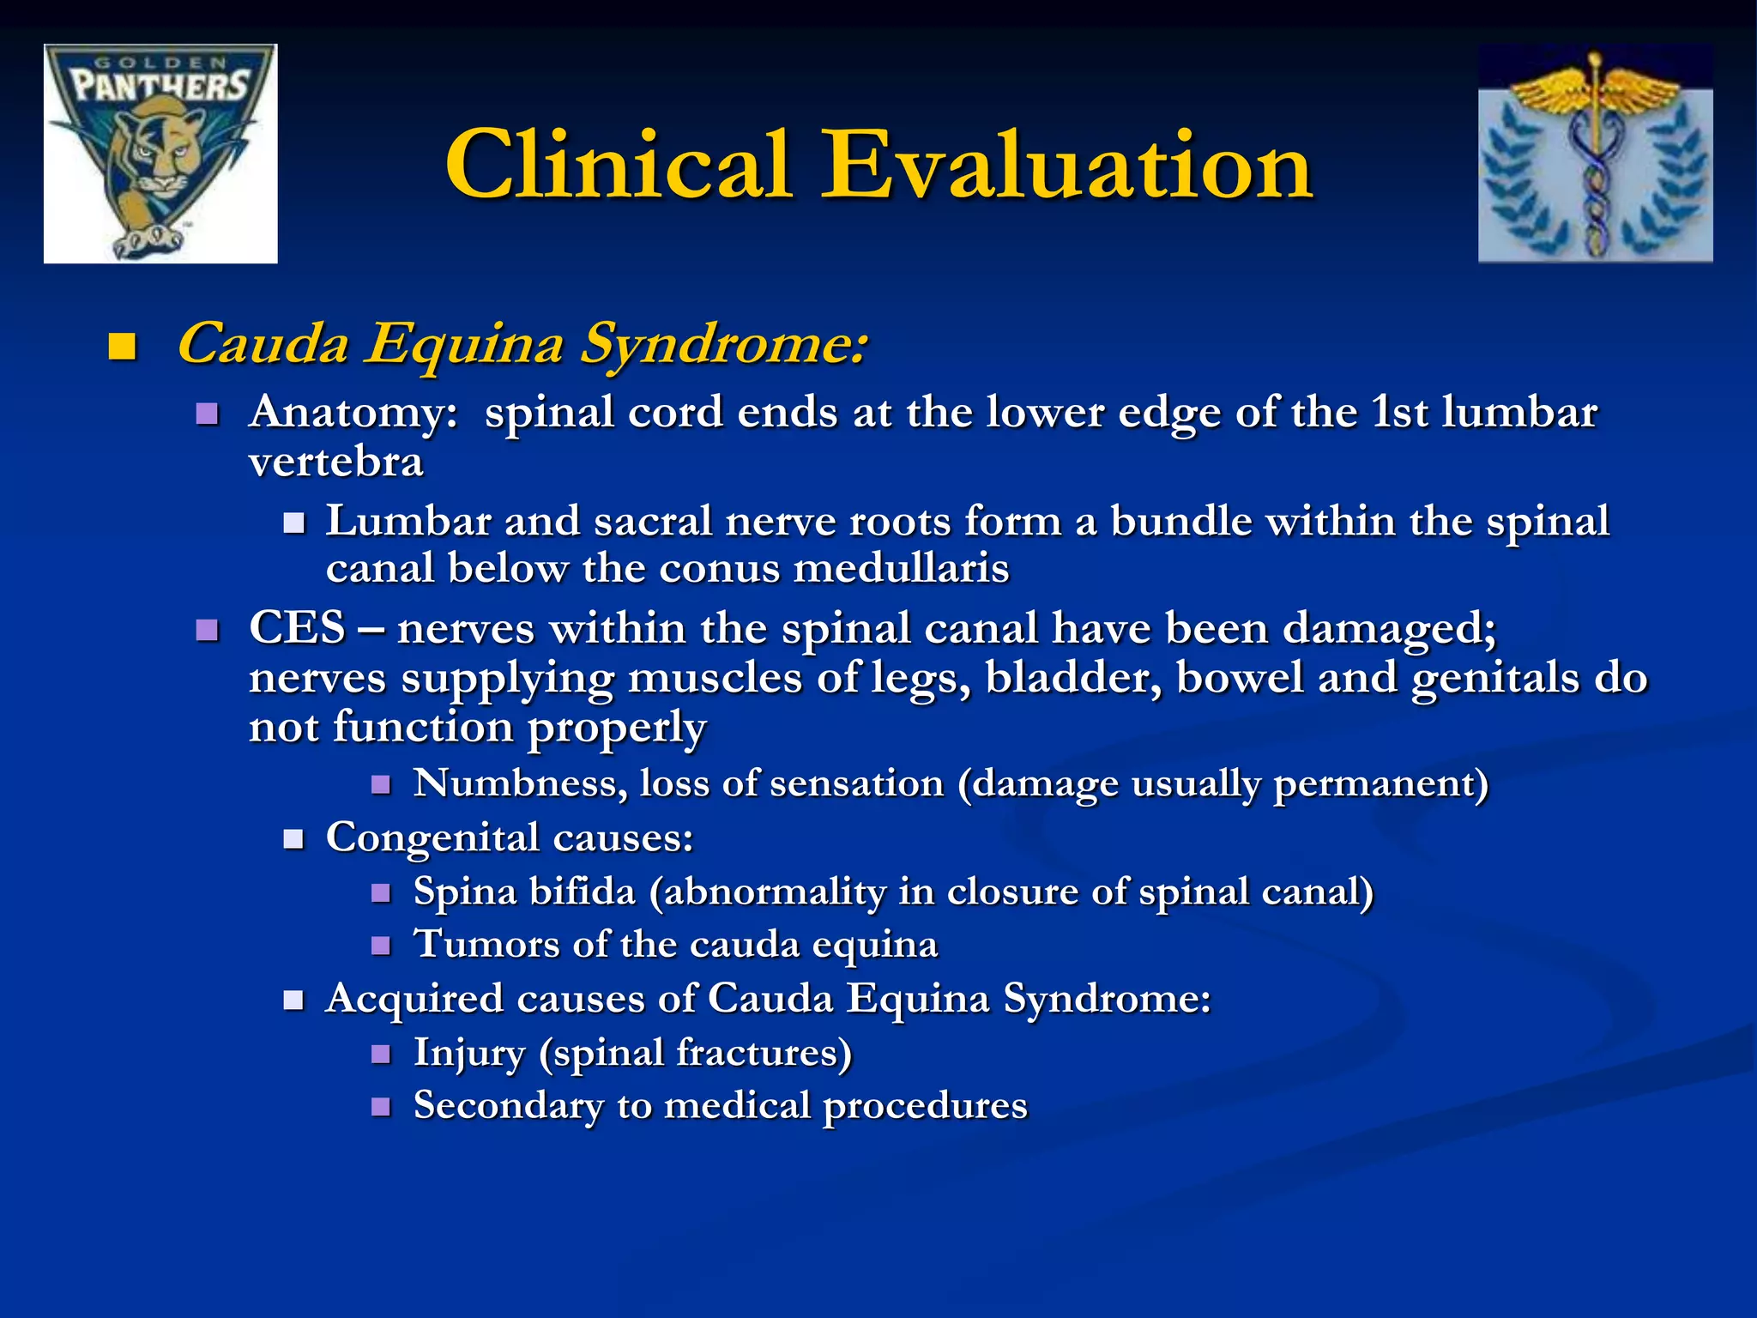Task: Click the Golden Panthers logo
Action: pos(160,154)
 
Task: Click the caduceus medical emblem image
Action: pos(1596,154)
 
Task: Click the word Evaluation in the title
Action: pos(1066,165)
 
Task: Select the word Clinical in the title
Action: pos(618,165)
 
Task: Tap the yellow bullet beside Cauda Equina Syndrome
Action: pos(123,348)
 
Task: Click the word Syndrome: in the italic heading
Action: pos(723,345)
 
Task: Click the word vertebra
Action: pos(335,463)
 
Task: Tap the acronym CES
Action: pos(297,627)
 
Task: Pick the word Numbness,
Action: pos(520,783)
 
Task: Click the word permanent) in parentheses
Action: pos(1380,783)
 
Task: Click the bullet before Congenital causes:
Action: pos(294,838)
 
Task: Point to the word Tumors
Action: pos(486,945)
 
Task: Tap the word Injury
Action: pos(469,1053)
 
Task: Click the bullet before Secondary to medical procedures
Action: pos(381,1106)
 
